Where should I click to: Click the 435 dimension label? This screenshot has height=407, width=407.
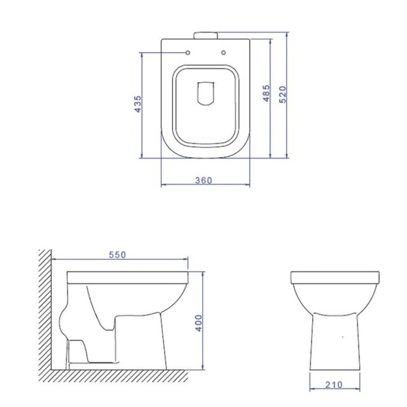tap(138, 104)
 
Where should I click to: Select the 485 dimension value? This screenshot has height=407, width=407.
tap(267, 93)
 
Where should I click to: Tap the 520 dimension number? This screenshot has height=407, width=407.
tap(283, 94)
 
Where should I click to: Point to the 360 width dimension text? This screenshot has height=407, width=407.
tap(204, 180)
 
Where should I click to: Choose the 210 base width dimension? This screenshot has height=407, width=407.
tap(334, 384)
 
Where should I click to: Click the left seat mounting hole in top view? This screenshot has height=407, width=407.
tap(188, 53)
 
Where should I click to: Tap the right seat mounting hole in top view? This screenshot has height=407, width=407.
tap(223, 53)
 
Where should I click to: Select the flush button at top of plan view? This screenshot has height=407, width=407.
tap(206, 35)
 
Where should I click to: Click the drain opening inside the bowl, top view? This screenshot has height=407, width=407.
tap(206, 94)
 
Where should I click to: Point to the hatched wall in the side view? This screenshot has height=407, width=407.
tap(44, 309)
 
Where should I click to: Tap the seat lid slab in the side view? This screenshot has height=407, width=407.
tap(128, 278)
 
